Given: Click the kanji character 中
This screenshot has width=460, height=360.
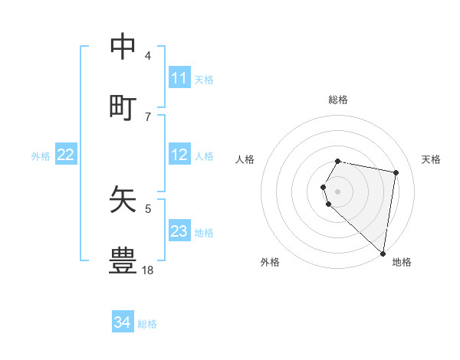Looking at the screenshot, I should pos(123,47).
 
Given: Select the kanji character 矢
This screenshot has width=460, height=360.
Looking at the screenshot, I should pos(123,200).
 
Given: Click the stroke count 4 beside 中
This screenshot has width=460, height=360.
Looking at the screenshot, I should pos(148,55).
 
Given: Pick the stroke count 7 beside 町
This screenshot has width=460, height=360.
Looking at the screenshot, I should pos(148,116).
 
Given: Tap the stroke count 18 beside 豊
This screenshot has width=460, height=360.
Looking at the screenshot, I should pos(148,270).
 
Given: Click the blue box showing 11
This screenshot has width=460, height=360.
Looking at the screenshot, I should pos(179,78).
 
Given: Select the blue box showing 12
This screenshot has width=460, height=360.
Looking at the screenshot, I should pos(179,155).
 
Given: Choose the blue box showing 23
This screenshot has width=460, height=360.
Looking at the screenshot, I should pos(179,231).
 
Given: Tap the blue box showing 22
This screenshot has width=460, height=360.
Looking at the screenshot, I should pos(66,155).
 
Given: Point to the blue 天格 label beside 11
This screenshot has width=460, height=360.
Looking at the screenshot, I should pos(204,79).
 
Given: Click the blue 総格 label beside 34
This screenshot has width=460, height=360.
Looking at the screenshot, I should pos(147,323).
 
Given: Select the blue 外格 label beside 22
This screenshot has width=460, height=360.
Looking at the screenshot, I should pos(41,155).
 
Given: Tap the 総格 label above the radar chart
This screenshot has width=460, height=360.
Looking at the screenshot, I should pos(338,100).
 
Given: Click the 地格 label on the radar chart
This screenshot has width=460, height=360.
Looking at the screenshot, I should pos(402,262).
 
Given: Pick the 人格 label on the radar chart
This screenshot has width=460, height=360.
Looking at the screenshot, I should pos(245,159).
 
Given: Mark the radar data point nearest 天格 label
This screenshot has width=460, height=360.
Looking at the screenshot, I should pos(396,173).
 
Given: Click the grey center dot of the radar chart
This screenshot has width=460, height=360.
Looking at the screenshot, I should pos(338,191).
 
